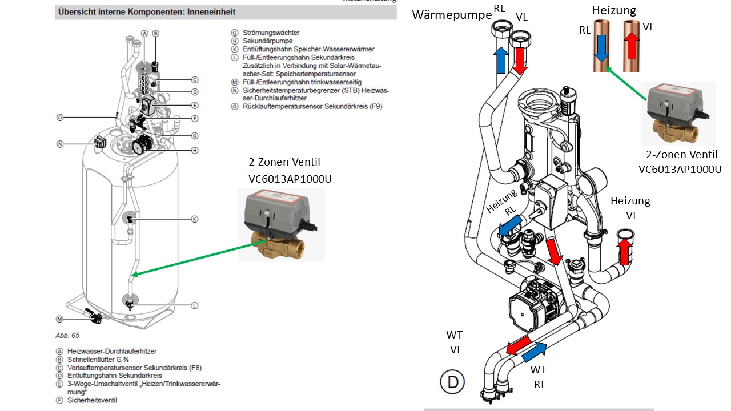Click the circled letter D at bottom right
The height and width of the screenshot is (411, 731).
tap(452, 382)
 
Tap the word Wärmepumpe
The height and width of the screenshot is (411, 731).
tap(452, 15)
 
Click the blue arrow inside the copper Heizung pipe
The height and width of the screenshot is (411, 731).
tap(601, 49)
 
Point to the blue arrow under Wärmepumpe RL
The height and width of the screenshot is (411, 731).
tap(501, 60)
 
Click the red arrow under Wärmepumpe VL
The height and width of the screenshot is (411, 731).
tap(520, 61)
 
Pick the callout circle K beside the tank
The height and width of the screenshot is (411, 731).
tap(195, 219)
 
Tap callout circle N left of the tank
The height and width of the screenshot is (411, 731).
tap(60, 144)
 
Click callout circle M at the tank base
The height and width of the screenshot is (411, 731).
tap(59, 319)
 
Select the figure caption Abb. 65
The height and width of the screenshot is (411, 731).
tap(67, 335)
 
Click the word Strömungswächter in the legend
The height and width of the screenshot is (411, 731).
tap(271, 33)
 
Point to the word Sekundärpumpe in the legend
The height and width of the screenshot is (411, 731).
tap(268, 41)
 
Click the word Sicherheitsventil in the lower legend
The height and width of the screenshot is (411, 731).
tap(92, 400)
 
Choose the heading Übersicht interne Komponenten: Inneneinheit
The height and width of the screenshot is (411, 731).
tap(147, 12)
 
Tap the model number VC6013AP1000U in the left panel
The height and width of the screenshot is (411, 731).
tap(290, 179)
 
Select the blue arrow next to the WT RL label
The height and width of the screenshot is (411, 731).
tap(534, 352)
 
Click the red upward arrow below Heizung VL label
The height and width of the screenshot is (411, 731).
tap(624, 251)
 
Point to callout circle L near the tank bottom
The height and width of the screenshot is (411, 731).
tap(195, 305)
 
